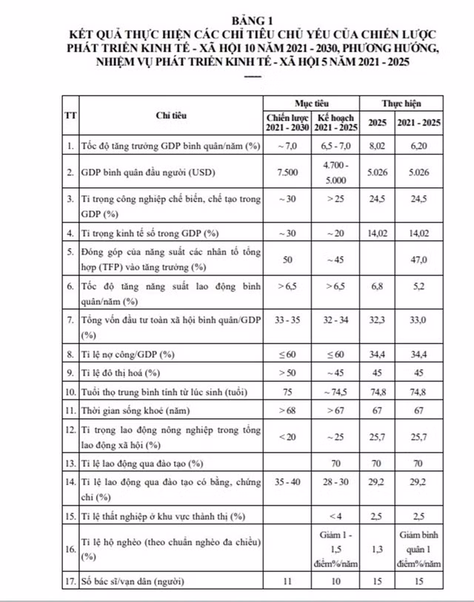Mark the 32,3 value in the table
coord(378,320)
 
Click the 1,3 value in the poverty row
coord(378,548)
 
